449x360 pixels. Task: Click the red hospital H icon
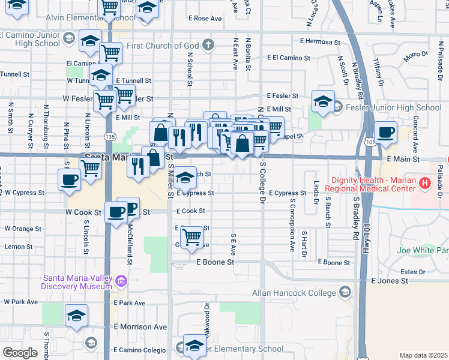(425, 183)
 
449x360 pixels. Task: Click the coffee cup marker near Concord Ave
(385, 133)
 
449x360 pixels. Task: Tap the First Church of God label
(162, 46)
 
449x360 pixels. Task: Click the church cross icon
(208, 45)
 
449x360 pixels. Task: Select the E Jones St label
(390, 281)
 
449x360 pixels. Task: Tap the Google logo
(20, 352)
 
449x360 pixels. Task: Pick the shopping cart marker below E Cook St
(191, 236)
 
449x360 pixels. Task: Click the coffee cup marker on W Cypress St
(68, 179)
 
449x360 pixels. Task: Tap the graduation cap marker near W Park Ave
(77, 316)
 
